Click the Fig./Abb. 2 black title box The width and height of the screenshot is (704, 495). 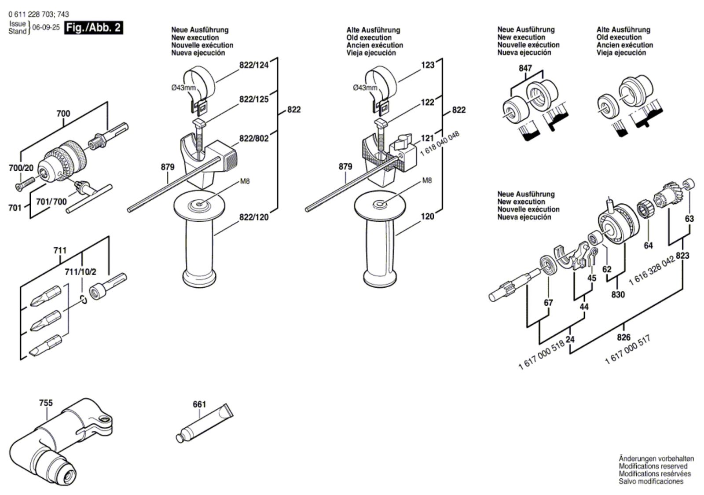(93, 27)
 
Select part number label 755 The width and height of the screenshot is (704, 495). (45, 403)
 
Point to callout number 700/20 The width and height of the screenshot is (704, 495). (21, 168)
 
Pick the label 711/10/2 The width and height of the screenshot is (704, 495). (80, 272)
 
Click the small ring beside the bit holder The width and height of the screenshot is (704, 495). (83, 300)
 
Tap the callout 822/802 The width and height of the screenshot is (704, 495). (253, 139)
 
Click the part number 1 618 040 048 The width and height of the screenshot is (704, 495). (440, 143)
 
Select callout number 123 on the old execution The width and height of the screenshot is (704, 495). (428, 65)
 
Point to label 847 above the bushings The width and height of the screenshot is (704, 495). (525, 68)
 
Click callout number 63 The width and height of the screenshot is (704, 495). (689, 219)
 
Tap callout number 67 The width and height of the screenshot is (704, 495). (548, 303)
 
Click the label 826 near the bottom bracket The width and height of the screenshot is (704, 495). (623, 337)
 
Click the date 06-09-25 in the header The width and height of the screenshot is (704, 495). (46, 27)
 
